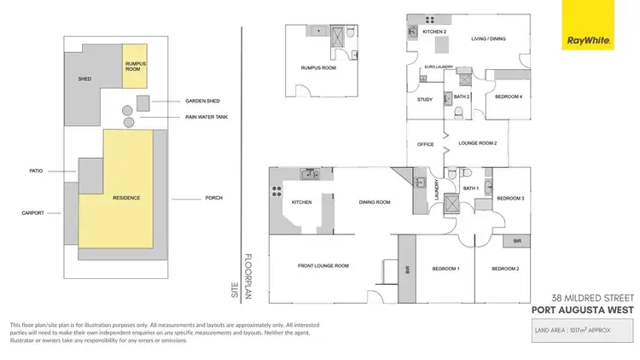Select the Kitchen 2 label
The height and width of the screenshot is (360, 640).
(x=435, y=32)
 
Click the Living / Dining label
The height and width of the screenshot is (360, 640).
(x=490, y=38)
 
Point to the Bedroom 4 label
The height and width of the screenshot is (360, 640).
(x=509, y=97)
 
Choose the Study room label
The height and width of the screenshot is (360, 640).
(x=424, y=100)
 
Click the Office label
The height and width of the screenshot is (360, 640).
(x=426, y=144)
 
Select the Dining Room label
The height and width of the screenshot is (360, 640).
(x=373, y=202)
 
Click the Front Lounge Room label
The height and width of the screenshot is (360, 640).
(x=323, y=266)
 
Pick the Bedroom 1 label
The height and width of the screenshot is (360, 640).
(x=445, y=270)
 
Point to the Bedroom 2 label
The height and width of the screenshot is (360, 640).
(x=504, y=270)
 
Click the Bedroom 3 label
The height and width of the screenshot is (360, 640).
(x=510, y=198)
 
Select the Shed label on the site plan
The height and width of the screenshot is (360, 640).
(x=84, y=79)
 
